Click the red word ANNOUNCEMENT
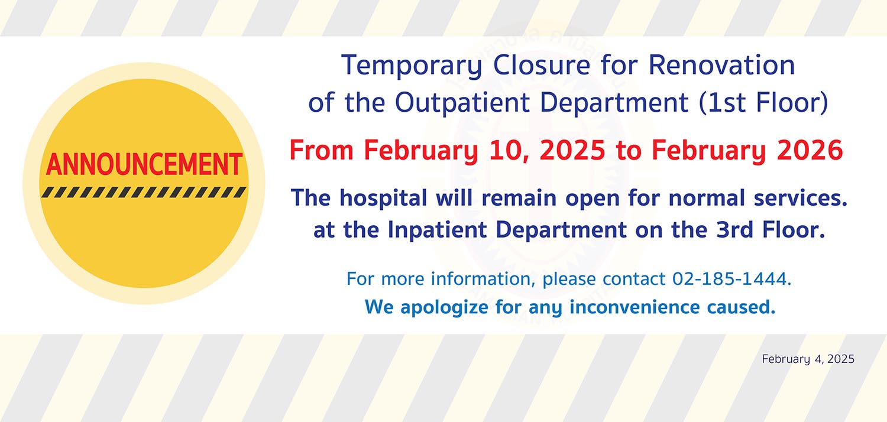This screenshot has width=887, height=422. [144, 164]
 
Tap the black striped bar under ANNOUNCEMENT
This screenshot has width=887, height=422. [144, 192]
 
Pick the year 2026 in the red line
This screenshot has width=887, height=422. [810, 151]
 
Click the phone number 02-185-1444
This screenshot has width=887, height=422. [731, 278]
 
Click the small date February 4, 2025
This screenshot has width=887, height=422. [808, 359]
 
